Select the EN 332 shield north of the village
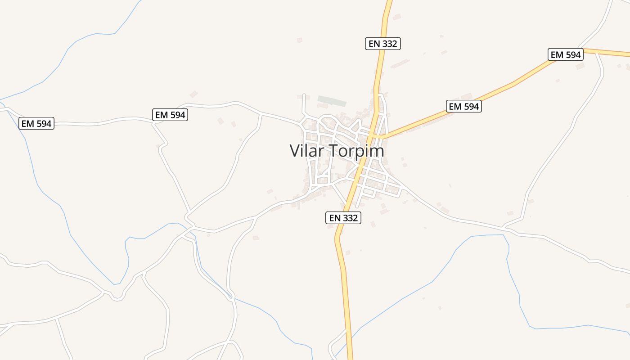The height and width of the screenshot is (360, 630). tap(382, 44)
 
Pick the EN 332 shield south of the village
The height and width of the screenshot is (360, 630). tap(343, 218)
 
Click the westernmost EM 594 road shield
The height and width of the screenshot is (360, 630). tap(36, 123)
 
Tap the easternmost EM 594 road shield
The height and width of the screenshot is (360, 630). tap(566, 55)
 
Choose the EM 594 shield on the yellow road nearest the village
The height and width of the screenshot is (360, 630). tap(464, 106)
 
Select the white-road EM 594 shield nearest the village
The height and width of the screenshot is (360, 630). tap(170, 115)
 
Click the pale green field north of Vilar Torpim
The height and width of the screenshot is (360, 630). tap(332, 100)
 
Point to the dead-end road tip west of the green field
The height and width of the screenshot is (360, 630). tap(304, 95)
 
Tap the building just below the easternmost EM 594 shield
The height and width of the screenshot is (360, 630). tap(580, 66)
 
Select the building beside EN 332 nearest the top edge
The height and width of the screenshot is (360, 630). tap(396, 17)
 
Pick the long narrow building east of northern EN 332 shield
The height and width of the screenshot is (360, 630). tap(400, 64)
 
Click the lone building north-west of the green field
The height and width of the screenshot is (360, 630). tap(300, 40)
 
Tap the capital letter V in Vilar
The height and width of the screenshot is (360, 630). tap(295, 151)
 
